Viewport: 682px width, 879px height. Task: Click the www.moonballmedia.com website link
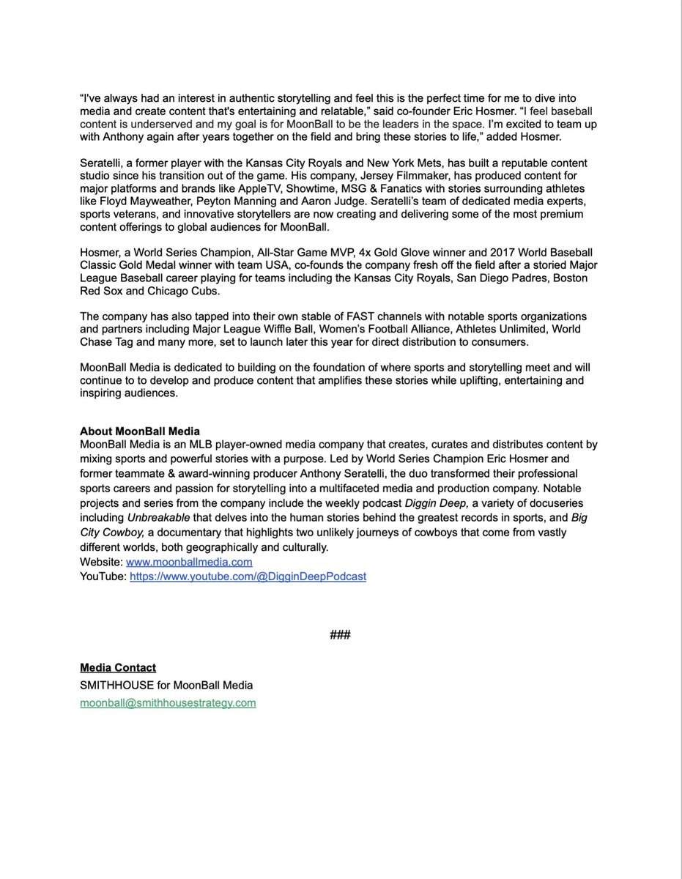click(189, 562)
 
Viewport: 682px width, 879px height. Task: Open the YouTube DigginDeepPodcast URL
click(248, 576)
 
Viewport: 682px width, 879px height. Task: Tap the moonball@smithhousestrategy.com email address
click(168, 702)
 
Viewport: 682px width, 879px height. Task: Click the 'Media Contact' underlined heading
click(117, 667)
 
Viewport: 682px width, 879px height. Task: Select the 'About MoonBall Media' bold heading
click(140, 431)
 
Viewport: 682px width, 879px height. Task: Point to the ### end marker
click(341, 634)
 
